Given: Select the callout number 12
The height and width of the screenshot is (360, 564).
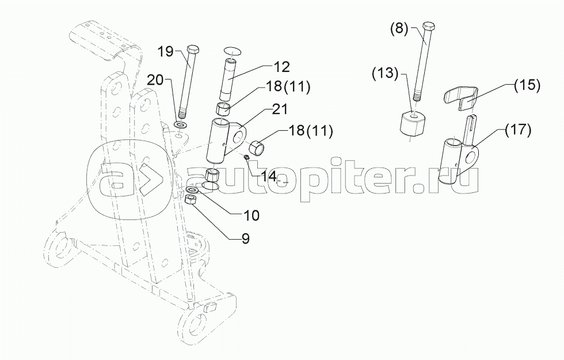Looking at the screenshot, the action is [x=281, y=67].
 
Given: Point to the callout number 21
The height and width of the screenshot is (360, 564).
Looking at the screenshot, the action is [x=280, y=109].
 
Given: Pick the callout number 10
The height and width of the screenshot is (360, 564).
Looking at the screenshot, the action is [x=251, y=215].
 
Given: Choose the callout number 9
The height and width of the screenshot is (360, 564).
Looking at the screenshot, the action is [x=246, y=238].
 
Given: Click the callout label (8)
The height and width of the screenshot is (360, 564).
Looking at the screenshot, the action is [x=399, y=29].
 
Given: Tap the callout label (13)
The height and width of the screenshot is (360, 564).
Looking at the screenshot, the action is [x=386, y=74].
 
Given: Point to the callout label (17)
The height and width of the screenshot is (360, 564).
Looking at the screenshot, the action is [x=517, y=130].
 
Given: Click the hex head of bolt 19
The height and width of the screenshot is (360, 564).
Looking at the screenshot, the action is [x=193, y=50].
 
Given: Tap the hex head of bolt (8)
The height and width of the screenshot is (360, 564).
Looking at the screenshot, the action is [x=429, y=28].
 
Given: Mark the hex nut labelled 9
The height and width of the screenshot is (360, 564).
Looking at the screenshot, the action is [x=190, y=199].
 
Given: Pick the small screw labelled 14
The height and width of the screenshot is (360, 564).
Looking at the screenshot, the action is [x=247, y=157].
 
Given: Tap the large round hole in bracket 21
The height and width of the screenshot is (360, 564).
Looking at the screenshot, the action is [x=239, y=138].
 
